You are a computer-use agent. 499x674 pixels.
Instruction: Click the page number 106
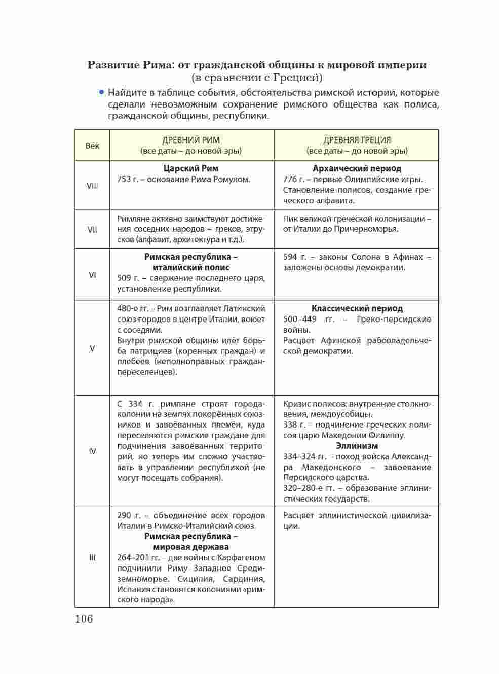click(84, 619)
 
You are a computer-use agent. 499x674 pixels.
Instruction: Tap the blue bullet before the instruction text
click(101, 92)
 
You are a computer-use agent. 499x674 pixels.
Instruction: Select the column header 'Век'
click(92, 146)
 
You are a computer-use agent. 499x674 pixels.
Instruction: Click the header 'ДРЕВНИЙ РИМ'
click(191, 140)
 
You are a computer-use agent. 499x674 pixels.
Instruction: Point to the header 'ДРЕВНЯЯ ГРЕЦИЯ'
click(357, 140)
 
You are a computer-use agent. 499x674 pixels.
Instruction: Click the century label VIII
click(92, 186)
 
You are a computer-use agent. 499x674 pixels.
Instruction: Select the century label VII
click(92, 229)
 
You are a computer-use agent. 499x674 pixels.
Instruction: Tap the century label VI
click(92, 275)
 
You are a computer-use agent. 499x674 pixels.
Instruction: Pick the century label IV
click(92, 451)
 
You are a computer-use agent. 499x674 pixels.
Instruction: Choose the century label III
click(92, 557)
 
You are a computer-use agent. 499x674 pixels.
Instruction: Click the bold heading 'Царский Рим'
click(191, 168)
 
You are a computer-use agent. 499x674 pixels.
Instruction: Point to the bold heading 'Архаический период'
click(357, 168)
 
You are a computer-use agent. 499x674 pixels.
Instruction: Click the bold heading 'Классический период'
click(357, 308)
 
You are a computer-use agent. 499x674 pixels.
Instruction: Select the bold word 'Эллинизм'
click(357, 446)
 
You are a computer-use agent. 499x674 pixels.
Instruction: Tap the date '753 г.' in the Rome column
click(128, 179)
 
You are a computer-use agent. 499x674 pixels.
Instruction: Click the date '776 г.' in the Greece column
click(294, 179)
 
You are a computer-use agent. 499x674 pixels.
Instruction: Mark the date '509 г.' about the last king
click(128, 278)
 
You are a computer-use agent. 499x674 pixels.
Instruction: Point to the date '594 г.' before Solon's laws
click(294, 257)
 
